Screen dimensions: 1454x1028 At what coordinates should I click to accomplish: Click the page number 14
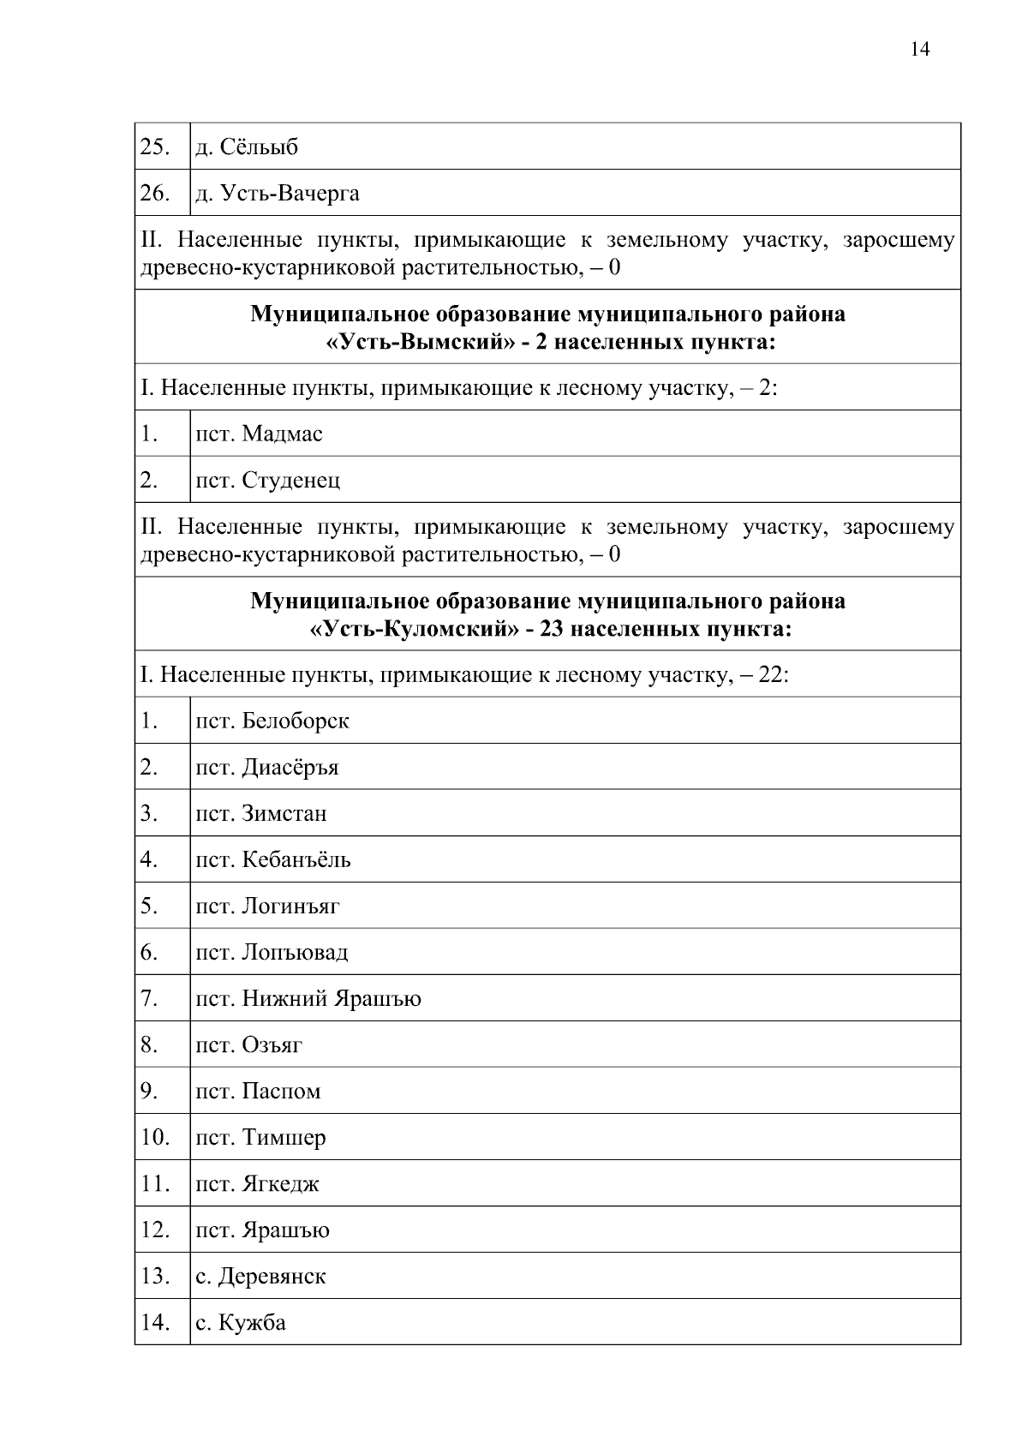919,49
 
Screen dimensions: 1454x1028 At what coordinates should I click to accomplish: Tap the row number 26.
154,193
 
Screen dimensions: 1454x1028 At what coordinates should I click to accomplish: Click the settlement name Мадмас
282,434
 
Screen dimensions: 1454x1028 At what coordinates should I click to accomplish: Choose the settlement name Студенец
290,480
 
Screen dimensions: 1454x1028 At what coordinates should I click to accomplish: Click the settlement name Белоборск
296,721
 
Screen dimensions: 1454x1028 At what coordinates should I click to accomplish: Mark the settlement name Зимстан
284,813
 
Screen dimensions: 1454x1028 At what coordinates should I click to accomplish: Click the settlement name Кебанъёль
296,859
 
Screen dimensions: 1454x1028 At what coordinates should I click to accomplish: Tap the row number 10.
154,1138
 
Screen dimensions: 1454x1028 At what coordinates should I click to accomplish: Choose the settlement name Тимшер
284,1138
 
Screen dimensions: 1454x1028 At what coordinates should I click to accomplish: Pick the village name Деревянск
272,1277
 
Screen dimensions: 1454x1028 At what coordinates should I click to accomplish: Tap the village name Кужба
252,1323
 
